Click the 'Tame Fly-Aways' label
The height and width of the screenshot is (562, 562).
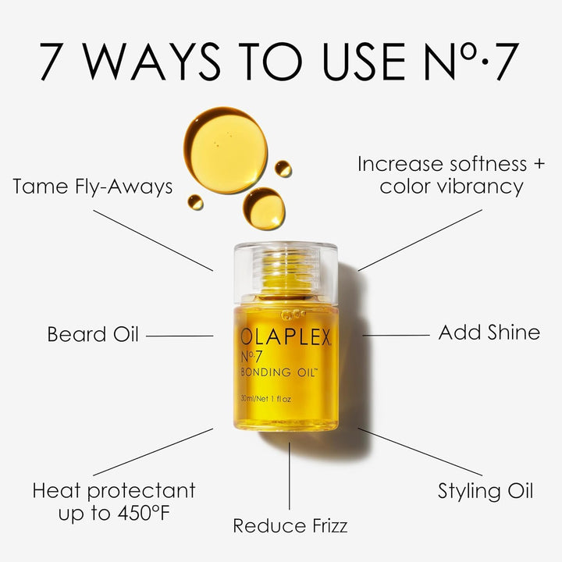point(93,187)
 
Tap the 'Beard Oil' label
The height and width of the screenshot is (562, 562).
point(93,335)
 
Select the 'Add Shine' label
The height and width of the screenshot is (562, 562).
point(489,333)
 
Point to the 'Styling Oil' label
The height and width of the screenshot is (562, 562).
point(485,491)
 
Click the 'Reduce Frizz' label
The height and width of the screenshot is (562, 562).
point(290,526)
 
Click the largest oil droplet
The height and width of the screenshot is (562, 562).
point(225,139)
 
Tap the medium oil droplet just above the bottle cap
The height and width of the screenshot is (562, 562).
point(264,208)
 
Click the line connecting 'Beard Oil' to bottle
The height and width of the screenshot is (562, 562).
point(180,336)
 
